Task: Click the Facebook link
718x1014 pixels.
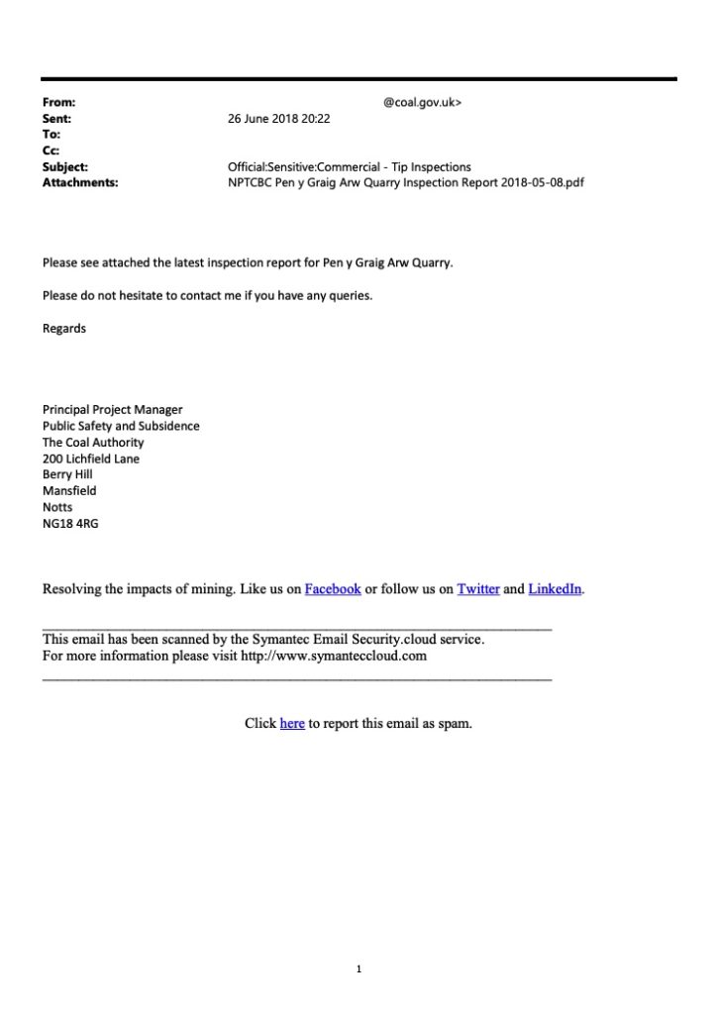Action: point(332,589)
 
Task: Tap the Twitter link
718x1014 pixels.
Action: point(477,589)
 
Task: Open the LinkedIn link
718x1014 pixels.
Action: point(555,589)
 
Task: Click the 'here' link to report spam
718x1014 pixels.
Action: point(292,724)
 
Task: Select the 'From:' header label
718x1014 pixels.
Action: point(59,102)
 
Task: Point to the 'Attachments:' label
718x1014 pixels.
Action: point(80,183)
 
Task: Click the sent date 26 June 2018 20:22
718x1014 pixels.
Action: point(278,118)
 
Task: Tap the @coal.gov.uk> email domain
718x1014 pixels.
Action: point(421,102)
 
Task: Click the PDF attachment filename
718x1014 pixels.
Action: point(406,183)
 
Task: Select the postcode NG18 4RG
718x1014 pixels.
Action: point(70,524)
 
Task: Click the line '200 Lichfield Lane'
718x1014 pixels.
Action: point(91,458)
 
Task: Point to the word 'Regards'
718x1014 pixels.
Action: point(64,329)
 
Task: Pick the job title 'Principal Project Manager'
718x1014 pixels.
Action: point(113,410)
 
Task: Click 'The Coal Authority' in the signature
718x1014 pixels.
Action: point(93,443)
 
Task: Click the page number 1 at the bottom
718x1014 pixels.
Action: point(359,969)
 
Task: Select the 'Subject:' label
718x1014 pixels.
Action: point(65,167)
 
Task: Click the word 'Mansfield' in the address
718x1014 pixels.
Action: point(69,491)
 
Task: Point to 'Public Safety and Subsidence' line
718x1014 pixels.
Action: point(121,426)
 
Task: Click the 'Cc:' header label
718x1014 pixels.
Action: point(51,151)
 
